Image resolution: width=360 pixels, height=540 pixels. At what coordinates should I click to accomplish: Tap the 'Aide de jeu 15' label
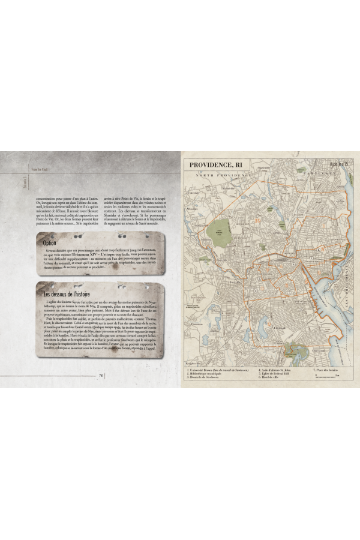338,163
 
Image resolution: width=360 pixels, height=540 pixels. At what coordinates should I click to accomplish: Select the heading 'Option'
50,243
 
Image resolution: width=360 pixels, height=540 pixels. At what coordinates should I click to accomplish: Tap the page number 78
101,376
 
